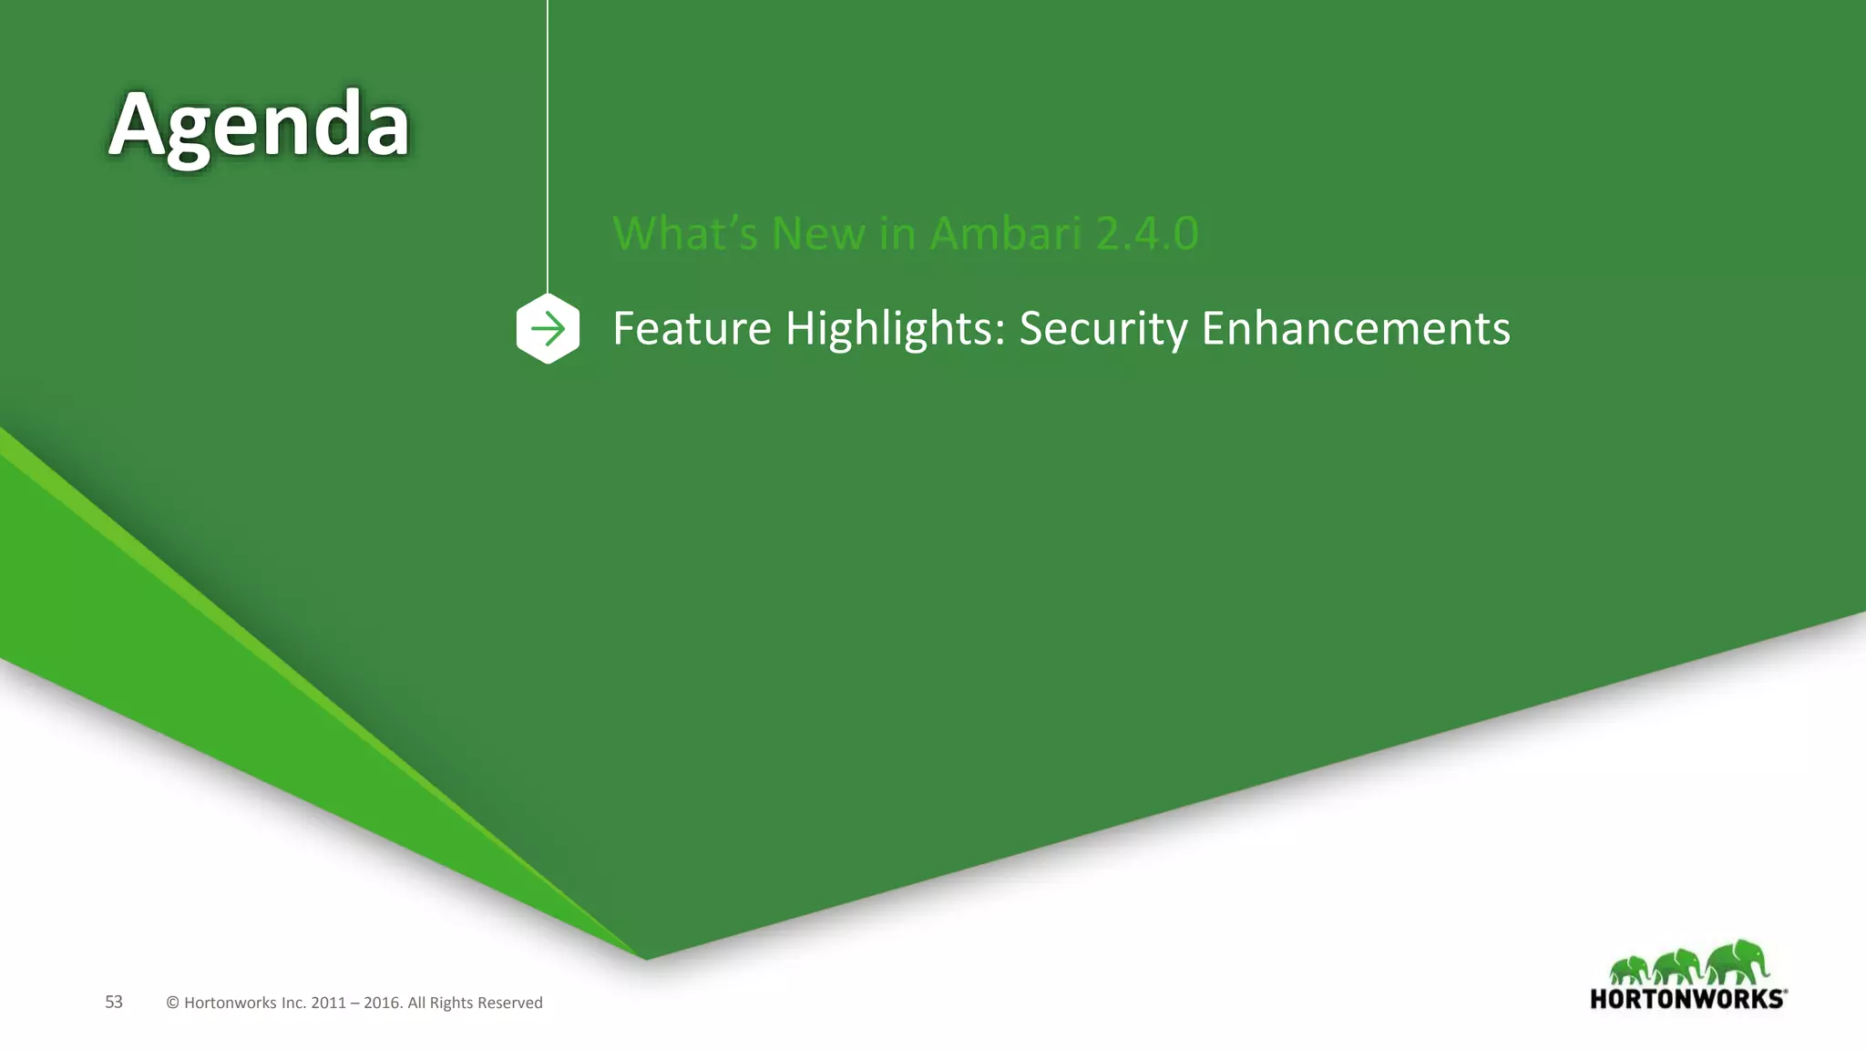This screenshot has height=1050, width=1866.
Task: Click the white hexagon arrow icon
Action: (x=548, y=328)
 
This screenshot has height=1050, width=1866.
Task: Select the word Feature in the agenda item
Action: (x=692, y=328)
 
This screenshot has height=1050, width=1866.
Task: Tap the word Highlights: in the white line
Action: (x=895, y=328)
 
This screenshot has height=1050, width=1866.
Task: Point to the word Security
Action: (x=1102, y=328)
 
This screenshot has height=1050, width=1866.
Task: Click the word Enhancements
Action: (x=1355, y=328)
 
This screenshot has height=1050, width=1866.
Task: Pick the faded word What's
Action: (x=684, y=233)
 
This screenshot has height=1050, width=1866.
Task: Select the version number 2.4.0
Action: (x=1147, y=233)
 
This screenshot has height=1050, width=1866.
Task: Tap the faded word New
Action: (x=817, y=233)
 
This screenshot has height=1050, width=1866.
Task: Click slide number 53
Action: (x=114, y=1002)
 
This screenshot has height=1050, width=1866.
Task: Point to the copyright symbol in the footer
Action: (x=172, y=1003)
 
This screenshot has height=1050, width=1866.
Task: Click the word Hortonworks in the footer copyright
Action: (x=230, y=1003)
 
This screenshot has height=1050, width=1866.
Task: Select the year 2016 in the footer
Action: (x=382, y=1003)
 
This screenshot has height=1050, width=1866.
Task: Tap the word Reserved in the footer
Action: (x=509, y=1003)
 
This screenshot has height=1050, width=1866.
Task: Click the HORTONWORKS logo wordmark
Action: (x=1687, y=999)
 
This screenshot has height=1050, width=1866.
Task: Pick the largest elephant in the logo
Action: (x=1736, y=962)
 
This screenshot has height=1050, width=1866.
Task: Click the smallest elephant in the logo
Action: (x=1628, y=970)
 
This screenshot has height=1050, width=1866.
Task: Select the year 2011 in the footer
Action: (x=328, y=1003)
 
